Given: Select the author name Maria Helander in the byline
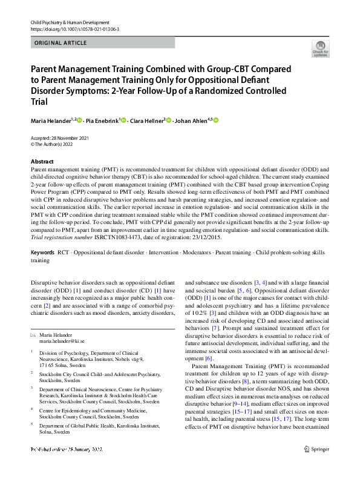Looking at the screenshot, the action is (51, 121).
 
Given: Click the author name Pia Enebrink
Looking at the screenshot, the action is (101, 121).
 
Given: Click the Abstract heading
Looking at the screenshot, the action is (42, 162).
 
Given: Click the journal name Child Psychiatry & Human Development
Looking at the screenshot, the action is (70, 22).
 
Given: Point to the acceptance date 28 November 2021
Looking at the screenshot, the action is (74, 137).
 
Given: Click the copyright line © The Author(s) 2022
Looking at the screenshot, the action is (55, 144).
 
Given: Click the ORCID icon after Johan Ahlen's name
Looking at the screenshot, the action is (215, 121).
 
